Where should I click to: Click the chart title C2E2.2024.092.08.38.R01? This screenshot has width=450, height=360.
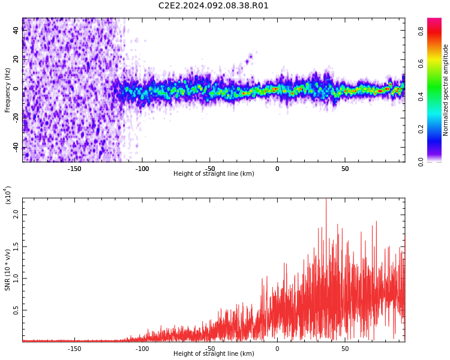[214, 6]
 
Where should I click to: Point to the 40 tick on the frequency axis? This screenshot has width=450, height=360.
[16, 30]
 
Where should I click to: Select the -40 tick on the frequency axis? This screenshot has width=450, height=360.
[16, 147]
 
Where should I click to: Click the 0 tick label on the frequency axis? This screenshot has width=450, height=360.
[16, 89]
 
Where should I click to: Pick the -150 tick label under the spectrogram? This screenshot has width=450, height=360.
[74, 169]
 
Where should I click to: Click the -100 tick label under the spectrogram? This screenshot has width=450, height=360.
[142, 169]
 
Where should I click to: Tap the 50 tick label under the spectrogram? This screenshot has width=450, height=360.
[345, 169]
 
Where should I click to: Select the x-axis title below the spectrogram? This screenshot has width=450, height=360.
[214, 174]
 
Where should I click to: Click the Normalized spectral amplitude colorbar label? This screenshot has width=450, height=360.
[446, 90]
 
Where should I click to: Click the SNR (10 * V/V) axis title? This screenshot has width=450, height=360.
[8, 269]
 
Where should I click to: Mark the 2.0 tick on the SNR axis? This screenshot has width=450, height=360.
[16, 214]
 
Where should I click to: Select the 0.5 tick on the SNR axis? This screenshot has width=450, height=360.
[16, 310]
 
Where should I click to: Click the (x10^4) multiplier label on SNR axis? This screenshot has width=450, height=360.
[8, 195]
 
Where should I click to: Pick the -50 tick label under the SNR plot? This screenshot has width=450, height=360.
[210, 349]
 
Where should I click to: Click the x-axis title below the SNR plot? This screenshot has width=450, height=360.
[214, 354]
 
